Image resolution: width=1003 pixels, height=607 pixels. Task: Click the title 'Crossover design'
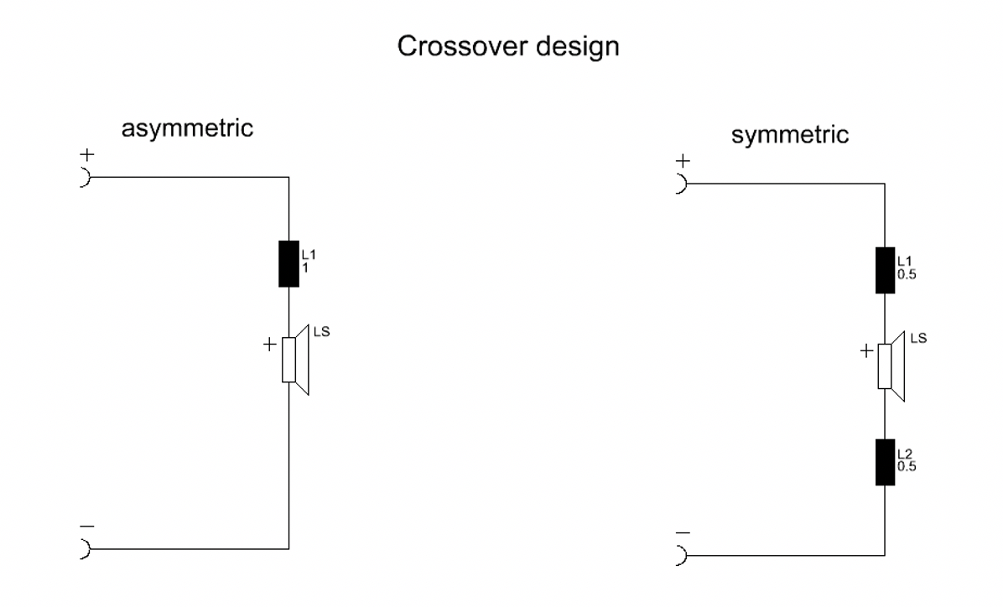(x=508, y=47)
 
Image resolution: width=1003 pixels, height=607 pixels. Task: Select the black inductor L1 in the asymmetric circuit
(x=288, y=264)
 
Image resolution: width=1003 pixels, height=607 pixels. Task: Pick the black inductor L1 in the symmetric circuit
(x=885, y=270)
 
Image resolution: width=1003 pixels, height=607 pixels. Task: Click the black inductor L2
(x=885, y=462)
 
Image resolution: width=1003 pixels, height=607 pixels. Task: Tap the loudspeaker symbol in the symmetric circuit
(x=891, y=366)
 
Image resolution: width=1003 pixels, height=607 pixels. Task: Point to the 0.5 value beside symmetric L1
(x=907, y=275)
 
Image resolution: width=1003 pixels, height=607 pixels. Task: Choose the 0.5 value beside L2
(x=907, y=467)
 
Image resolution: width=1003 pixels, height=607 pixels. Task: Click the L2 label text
(x=904, y=455)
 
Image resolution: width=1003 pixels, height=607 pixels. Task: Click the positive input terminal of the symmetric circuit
(x=681, y=184)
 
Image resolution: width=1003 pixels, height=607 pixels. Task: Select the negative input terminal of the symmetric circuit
(x=681, y=555)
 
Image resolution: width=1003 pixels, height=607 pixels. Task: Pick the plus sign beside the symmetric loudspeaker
(x=866, y=352)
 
